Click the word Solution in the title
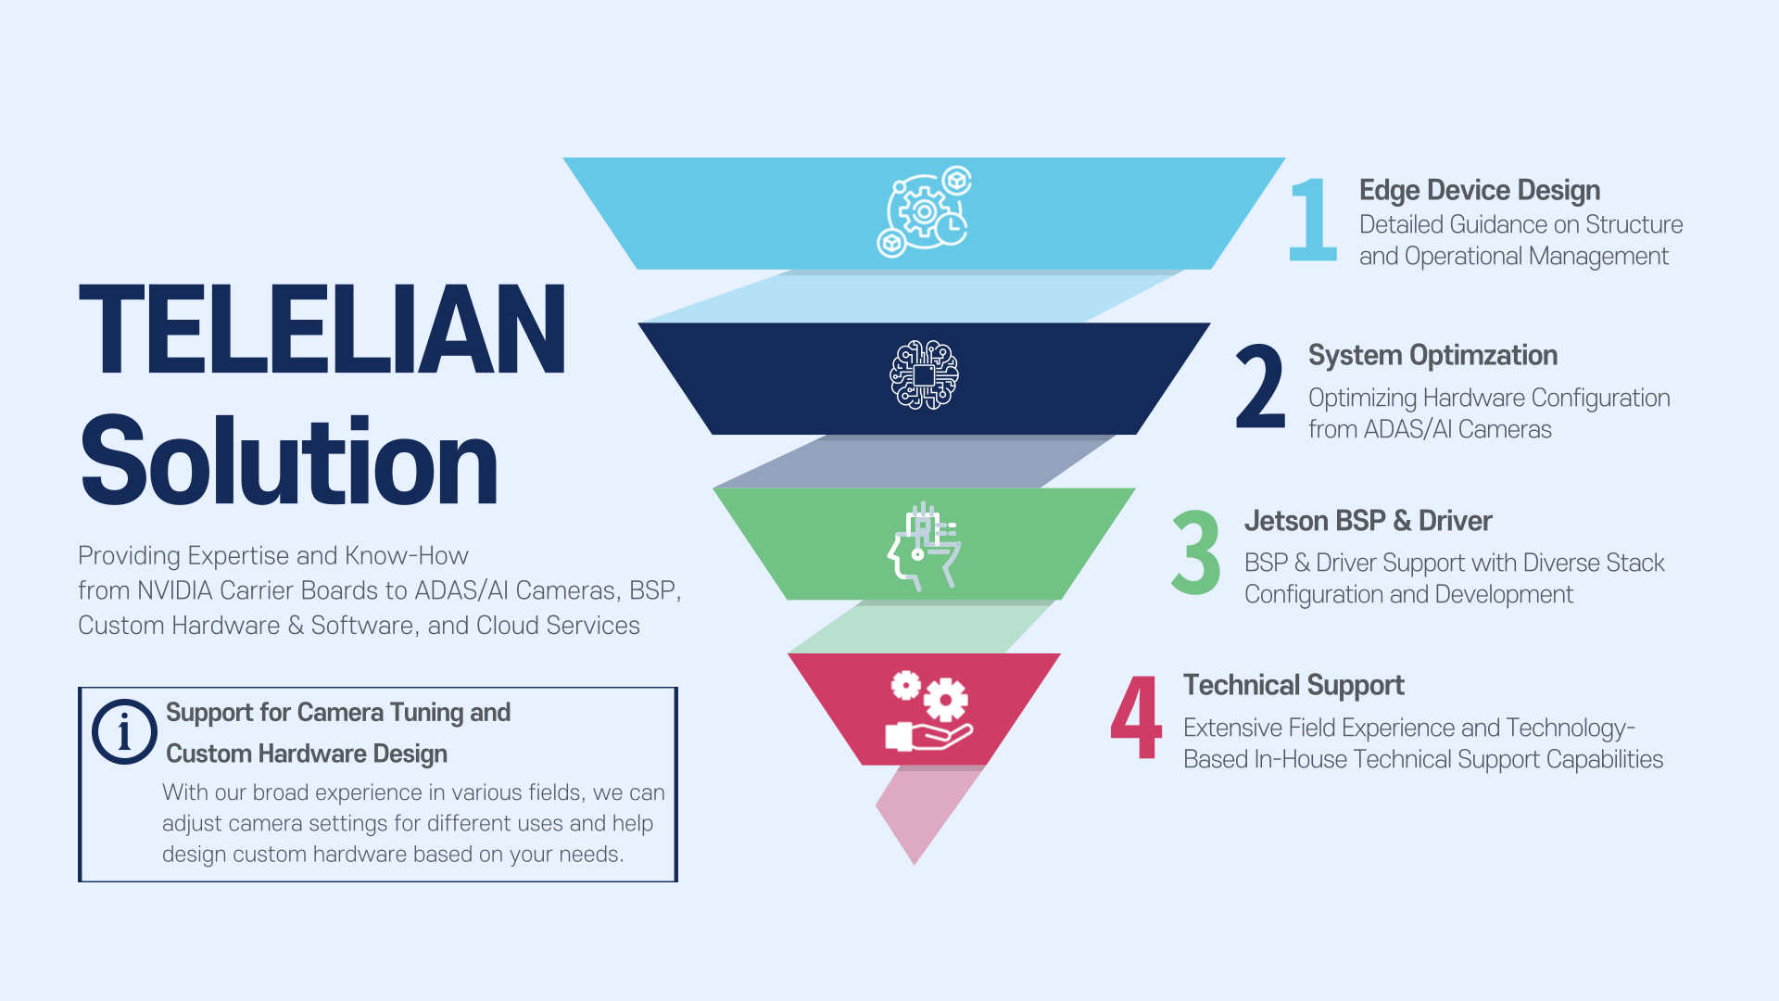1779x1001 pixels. pos(289,462)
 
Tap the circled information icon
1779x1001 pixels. pos(124,731)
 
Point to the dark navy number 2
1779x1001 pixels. pos(1260,386)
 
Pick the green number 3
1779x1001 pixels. pos(1196,552)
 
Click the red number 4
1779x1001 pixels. pos(1136,716)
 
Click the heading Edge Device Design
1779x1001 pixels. pos(1480,191)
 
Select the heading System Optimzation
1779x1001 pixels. pos(1432,355)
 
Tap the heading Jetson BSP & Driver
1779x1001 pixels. pos(1368,521)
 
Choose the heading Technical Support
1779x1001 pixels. pos(1293,686)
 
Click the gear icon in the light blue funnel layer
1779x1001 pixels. pos(924,212)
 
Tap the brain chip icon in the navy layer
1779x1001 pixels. pos(924,375)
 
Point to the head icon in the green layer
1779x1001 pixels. pos(924,546)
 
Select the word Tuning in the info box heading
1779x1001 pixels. pos(426,713)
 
